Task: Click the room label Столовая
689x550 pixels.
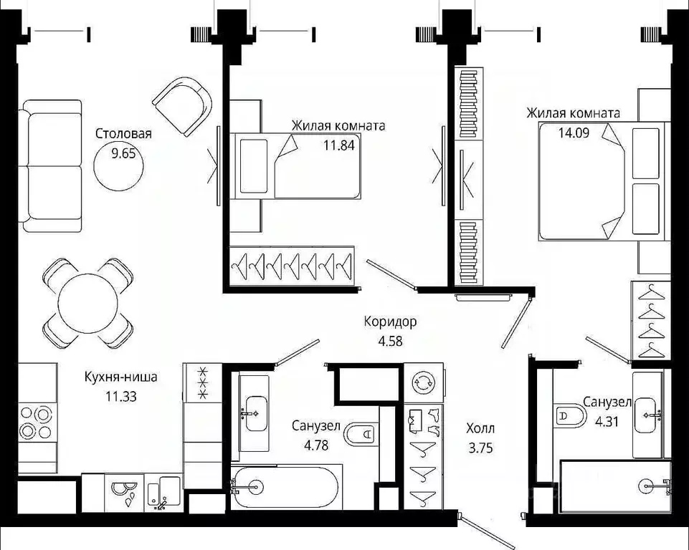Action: click(123, 133)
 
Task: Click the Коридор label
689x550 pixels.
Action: click(390, 322)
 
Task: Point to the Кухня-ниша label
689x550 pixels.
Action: click(120, 377)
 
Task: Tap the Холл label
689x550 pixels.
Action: click(480, 429)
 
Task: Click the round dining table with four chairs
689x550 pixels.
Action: click(87, 303)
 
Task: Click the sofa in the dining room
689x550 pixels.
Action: click(52, 166)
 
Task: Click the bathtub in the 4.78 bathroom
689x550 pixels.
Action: click(285, 488)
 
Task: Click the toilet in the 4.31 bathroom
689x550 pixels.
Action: click(571, 415)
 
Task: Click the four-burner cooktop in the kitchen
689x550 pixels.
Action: click(37, 422)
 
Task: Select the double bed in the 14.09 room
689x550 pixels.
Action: click(602, 180)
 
